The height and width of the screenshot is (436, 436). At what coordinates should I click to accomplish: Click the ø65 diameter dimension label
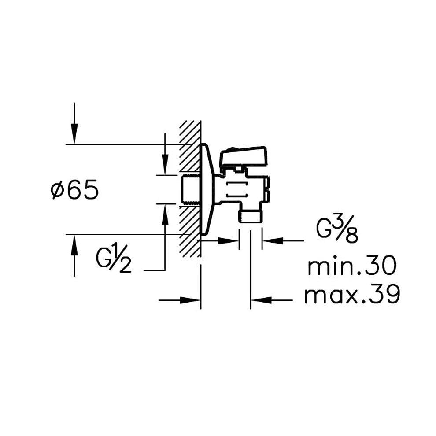coord(74,191)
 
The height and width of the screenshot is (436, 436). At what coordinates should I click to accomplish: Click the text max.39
coord(352,295)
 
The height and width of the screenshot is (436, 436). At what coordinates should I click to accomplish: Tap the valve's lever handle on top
coord(243,155)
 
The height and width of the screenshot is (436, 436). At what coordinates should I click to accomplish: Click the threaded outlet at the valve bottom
coord(250,216)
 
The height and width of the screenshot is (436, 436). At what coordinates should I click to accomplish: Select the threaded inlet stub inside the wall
coord(190,189)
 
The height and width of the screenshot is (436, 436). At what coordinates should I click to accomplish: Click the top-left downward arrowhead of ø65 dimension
coord(74,137)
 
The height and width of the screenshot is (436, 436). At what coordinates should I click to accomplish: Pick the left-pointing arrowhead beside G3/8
coord(270,240)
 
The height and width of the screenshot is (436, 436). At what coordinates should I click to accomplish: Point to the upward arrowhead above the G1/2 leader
coord(165,211)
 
